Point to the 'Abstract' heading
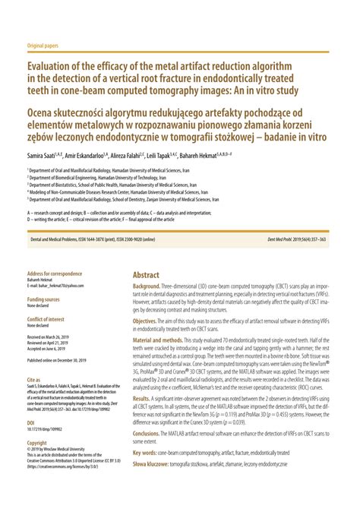[146, 274]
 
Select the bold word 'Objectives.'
[150, 322]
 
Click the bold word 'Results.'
[142, 398]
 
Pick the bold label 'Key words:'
[148, 453]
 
